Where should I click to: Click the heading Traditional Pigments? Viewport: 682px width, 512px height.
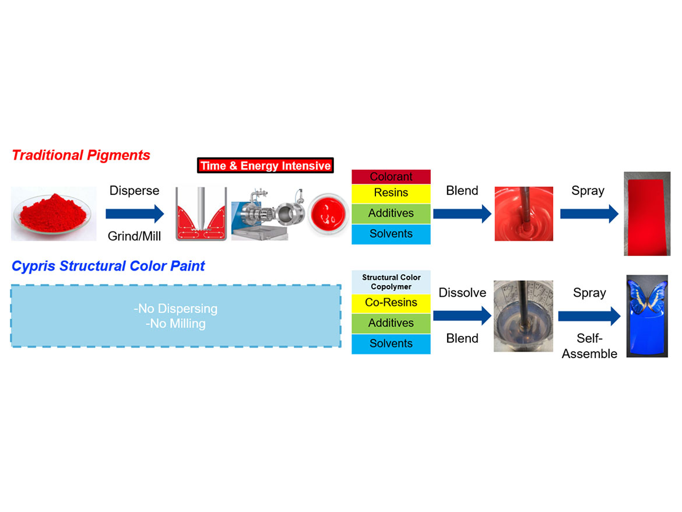(x=81, y=155)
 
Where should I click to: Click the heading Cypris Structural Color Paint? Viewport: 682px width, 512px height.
(x=108, y=266)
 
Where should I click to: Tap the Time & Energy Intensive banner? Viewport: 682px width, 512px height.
(x=265, y=166)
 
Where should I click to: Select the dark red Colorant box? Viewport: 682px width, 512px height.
(x=391, y=177)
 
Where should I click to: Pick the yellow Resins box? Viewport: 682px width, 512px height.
(x=391, y=193)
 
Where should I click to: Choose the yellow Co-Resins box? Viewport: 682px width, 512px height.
(x=391, y=303)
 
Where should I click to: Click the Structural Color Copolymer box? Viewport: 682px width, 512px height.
(x=391, y=282)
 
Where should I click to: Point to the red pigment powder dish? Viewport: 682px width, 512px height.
(x=54, y=213)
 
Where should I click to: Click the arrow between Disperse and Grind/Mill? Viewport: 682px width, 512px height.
(x=135, y=214)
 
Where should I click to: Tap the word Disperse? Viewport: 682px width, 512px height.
(x=134, y=191)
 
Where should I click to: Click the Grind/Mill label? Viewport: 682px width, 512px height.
(x=134, y=236)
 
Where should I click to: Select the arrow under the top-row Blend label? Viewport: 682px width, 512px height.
(x=462, y=214)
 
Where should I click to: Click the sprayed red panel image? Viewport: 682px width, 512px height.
(x=647, y=213)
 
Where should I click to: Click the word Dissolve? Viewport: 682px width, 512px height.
(x=462, y=292)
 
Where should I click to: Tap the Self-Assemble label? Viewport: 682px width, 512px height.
(x=589, y=346)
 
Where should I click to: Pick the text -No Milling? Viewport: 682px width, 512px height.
(x=176, y=323)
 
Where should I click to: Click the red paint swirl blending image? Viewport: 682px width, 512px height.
(x=524, y=214)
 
